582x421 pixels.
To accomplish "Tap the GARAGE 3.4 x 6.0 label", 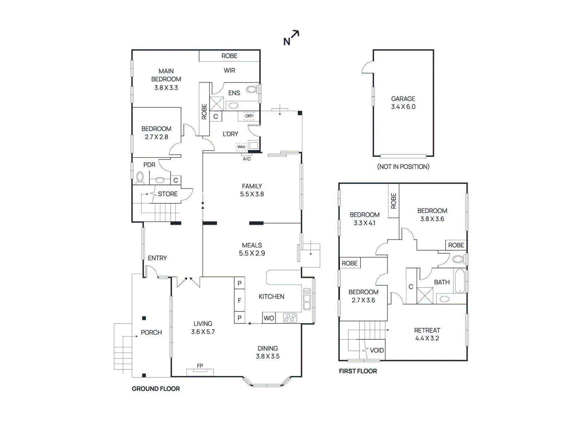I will [403, 103].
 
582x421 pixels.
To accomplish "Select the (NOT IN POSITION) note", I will [403, 167].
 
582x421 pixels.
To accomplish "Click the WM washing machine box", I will [241, 147].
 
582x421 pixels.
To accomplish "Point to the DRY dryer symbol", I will [249, 116].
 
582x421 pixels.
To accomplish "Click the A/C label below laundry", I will [247, 159].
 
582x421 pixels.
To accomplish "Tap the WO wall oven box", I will [269, 318].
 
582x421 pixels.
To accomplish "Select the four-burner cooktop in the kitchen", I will [290, 318].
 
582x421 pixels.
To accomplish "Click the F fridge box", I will [239, 301].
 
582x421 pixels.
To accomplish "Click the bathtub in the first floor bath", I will [460, 281].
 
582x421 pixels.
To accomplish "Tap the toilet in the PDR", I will [140, 177].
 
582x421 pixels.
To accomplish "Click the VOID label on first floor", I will [377, 350].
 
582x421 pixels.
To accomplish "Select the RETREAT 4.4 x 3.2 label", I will [427, 334].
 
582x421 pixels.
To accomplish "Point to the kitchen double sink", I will [307, 299].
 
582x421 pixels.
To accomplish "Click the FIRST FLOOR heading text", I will [358, 371].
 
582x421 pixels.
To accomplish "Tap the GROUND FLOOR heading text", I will [156, 389].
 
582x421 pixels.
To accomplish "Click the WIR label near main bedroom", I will [229, 71].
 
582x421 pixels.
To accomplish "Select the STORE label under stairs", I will [168, 194].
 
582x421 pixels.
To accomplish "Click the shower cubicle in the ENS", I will [217, 104].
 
